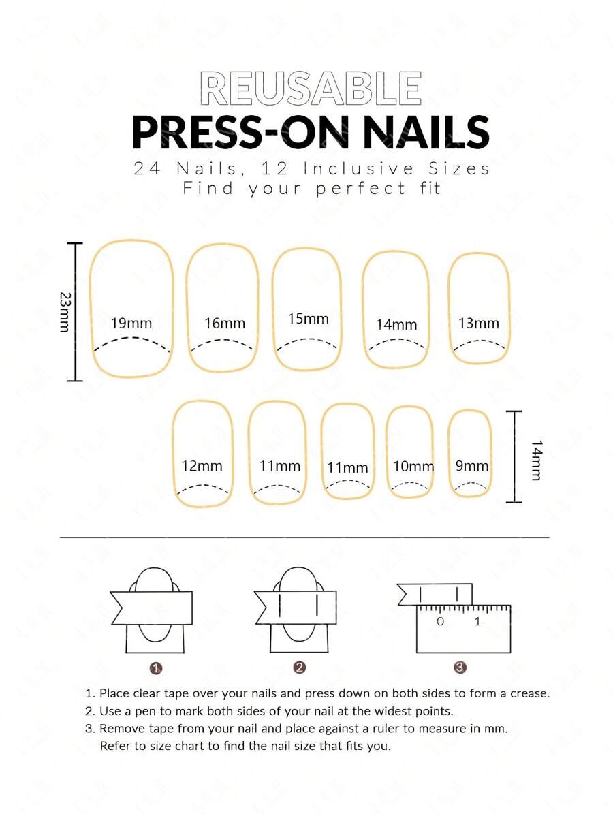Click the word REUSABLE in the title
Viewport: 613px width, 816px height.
tap(311, 89)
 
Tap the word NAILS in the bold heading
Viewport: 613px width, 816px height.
tap(426, 133)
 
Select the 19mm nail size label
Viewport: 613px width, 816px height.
tap(131, 323)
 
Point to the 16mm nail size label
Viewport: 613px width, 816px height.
tap(224, 323)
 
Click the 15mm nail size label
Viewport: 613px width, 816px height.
tap(308, 319)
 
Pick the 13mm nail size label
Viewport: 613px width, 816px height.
tap(478, 323)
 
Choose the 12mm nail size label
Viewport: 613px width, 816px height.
tap(202, 466)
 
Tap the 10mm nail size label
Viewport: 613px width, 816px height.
tap(413, 466)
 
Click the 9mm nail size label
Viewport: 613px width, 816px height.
tap(471, 465)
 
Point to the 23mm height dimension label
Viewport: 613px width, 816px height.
tap(65, 312)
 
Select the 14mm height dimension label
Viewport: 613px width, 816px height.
tap(537, 460)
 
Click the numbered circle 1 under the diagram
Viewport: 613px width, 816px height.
tap(155, 668)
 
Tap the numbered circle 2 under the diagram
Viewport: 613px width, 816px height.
tap(299, 667)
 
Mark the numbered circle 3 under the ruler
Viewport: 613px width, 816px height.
tap(460, 667)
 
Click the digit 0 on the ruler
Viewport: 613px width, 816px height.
tap(440, 621)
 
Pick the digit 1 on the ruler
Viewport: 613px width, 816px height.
tap(477, 621)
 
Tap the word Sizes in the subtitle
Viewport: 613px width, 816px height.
tap(459, 169)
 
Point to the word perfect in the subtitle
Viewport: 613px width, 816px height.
tap(360, 189)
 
